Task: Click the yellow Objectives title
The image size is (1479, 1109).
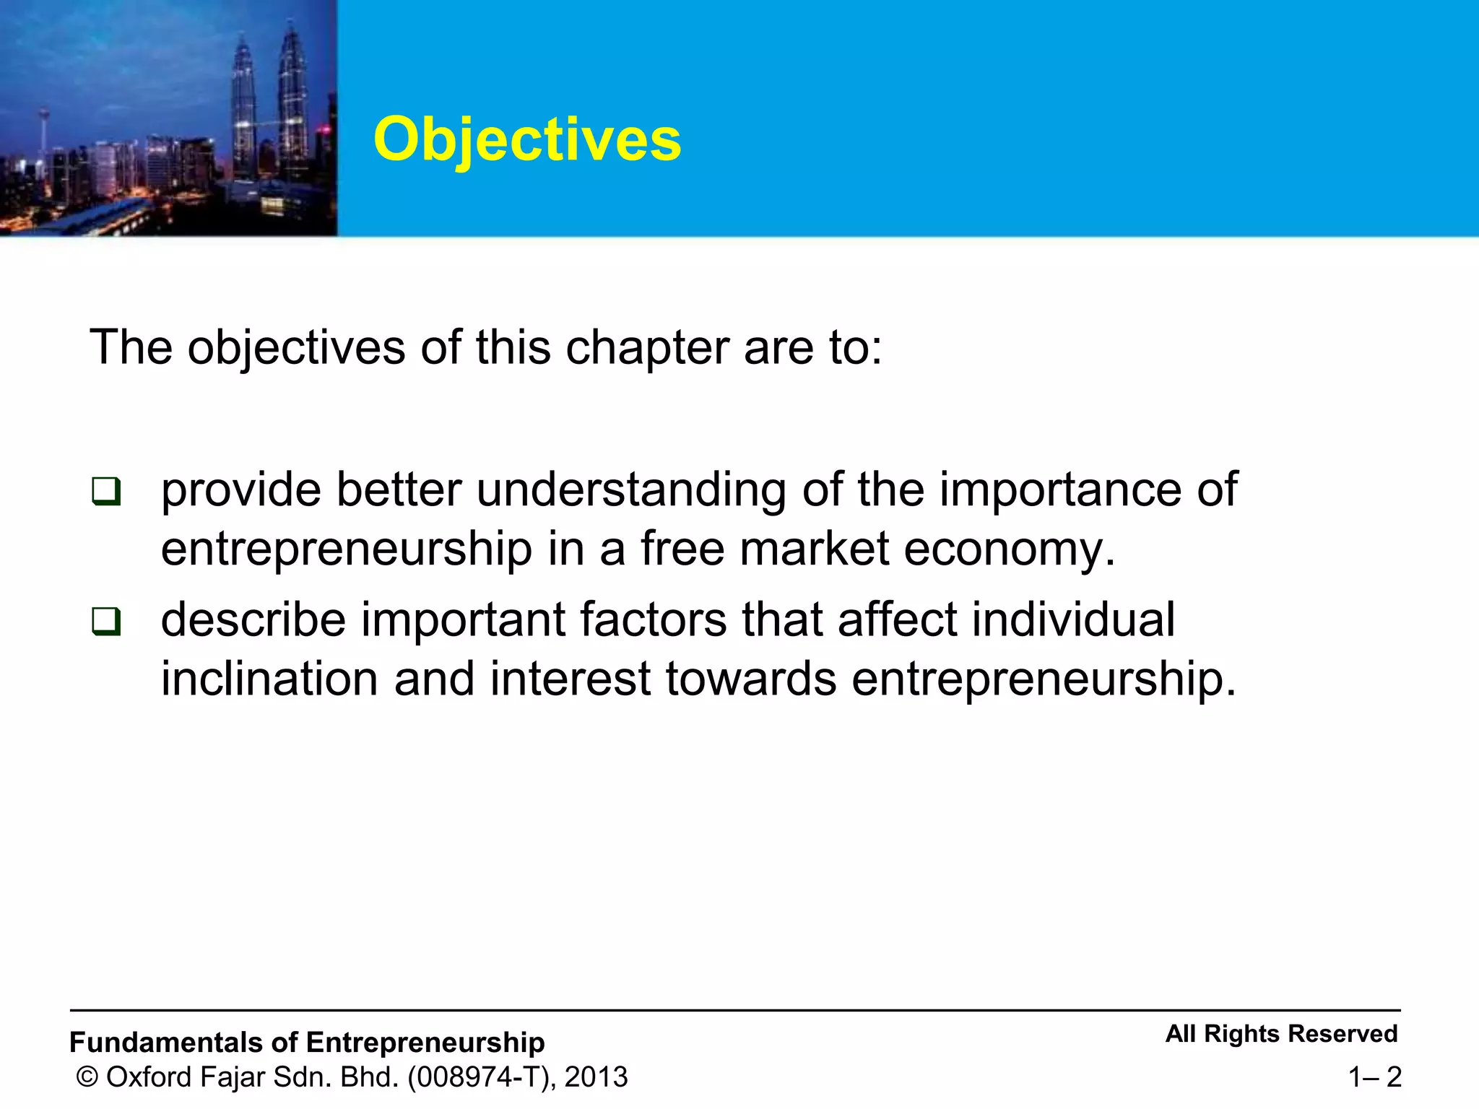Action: tap(527, 139)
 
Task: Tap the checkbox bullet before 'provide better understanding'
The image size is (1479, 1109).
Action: tap(106, 492)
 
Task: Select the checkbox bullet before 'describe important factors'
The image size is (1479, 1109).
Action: tap(106, 621)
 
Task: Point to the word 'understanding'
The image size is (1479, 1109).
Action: tap(631, 491)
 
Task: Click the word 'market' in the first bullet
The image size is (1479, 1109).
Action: tap(814, 549)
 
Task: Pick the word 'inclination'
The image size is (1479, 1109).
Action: tap(269, 679)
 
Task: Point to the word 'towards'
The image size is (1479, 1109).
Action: tap(750, 679)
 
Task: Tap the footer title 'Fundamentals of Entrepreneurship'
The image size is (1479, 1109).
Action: tap(307, 1043)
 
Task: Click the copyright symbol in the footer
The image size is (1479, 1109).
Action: tap(87, 1077)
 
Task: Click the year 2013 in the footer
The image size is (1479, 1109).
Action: tap(597, 1077)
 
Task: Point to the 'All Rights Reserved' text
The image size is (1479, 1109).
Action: tap(1281, 1034)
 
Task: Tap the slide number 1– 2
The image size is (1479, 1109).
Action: tap(1374, 1077)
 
